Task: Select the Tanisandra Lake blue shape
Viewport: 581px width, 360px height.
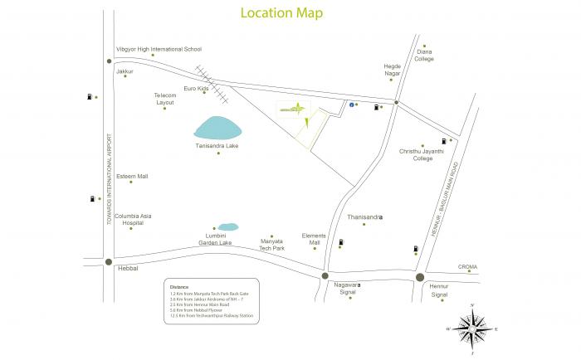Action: tap(219, 129)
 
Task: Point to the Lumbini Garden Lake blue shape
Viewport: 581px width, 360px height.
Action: tap(227, 226)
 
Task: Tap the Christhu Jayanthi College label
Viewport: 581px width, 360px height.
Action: tap(422, 155)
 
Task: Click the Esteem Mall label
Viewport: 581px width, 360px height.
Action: tap(132, 176)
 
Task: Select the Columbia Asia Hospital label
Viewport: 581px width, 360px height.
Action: tap(133, 218)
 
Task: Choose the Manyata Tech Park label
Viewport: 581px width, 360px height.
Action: tap(271, 243)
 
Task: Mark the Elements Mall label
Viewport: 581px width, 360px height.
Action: tap(315, 239)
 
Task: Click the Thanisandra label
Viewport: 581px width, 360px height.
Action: tap(364, 216)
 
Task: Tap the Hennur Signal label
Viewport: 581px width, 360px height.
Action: tap(439, 290)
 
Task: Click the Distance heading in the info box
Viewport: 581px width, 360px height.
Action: tap(179, 287)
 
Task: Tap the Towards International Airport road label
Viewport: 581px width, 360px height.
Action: tap(109, 182)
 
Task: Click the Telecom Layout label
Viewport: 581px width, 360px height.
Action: tap(165, 99)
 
